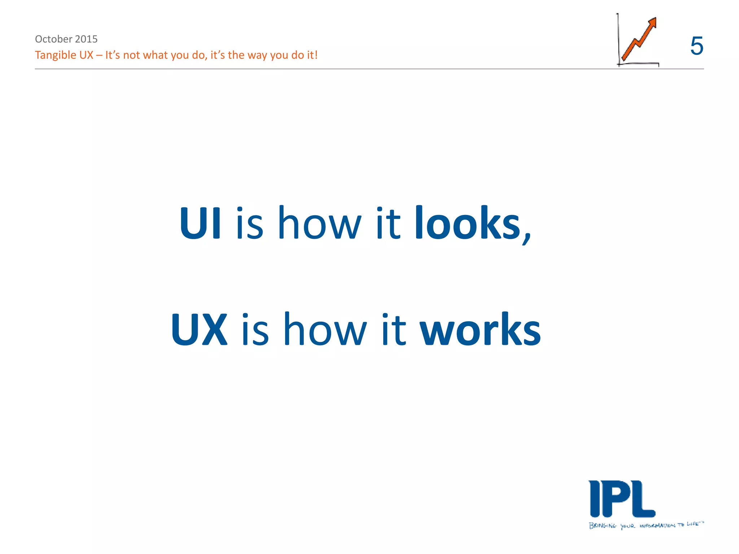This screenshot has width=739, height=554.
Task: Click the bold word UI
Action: [200, 223]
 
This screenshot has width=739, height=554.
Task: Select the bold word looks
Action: [468, 223]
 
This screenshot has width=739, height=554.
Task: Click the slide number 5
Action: [696, 46]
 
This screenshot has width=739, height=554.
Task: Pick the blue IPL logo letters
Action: [622, 499]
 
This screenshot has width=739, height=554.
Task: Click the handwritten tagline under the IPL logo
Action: [646, 525]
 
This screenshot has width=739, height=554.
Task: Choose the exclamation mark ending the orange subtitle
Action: [316, 55]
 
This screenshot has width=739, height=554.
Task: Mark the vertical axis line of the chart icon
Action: [618, 40]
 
